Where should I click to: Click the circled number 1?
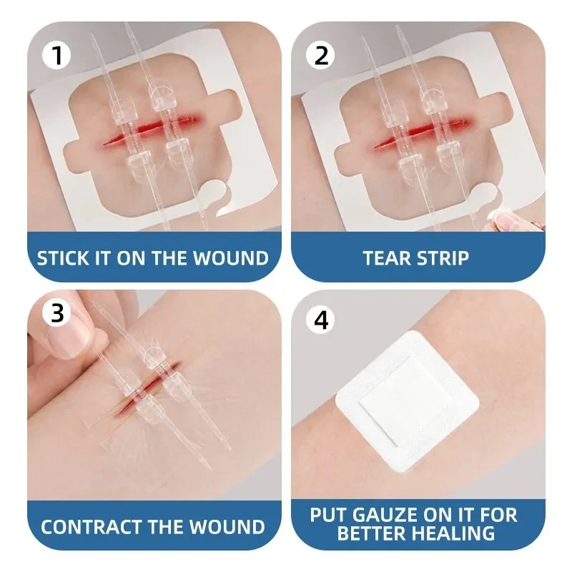pyautogui.click(x=58, y=55)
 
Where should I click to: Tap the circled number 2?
pyautogui.click(x=322, y=55)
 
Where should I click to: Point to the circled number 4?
pyautogui.click(x=322, y=320)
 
